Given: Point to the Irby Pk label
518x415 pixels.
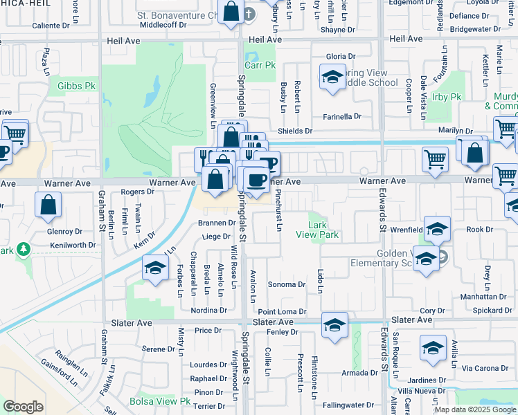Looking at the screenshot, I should coord(446,97).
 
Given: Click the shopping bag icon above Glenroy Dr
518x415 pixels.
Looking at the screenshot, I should coord(48,203).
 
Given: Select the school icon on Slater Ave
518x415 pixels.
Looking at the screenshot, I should coord(334,326).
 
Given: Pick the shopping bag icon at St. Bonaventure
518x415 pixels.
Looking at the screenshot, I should coord(231,12).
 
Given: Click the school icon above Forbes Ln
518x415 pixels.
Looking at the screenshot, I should coord(154,268).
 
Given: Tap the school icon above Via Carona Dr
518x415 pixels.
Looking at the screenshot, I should coord(434,349).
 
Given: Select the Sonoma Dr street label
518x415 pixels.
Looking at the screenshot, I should coord(287,284).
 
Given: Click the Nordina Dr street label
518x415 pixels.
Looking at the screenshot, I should coord(209,311).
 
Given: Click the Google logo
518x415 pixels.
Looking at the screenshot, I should coord(22,407).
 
